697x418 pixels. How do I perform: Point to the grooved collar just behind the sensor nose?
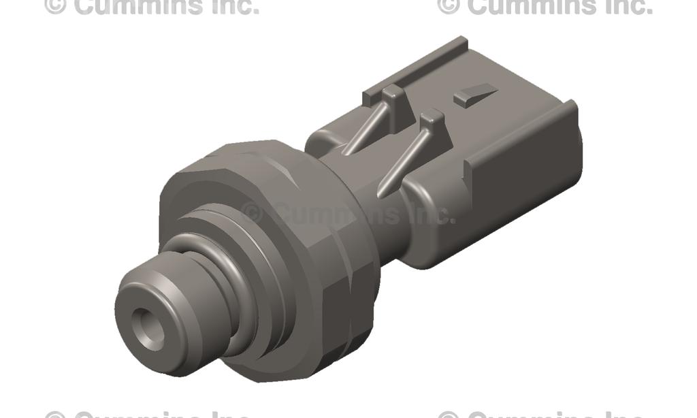click(x=225, y=272)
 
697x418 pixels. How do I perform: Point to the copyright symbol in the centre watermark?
click(x=252, y=213)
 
